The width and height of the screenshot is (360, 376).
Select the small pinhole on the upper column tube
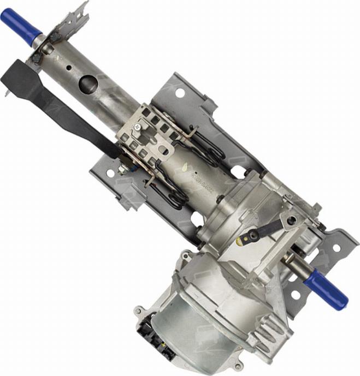click(x=68, y=69)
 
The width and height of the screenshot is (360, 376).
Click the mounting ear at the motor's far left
click(x=138, y=313)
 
